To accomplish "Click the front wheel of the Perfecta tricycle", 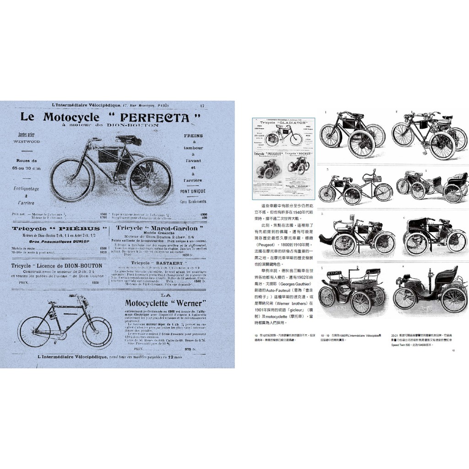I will coord(71,179).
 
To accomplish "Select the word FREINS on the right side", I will coord(193,136).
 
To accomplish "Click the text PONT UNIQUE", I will coord(193,191).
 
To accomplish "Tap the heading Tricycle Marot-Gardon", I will coord(157,228).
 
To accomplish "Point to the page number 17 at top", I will coord(202,107).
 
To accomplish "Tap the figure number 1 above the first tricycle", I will coord(325,112).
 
